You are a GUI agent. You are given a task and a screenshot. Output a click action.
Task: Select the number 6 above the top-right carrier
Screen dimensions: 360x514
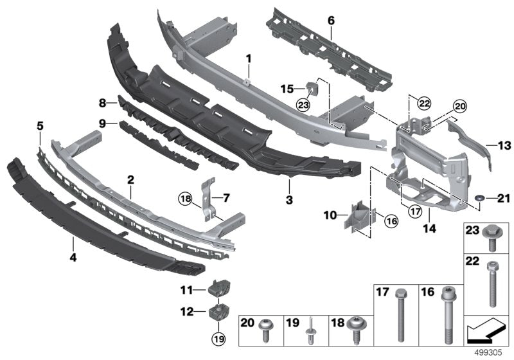coord(332,21)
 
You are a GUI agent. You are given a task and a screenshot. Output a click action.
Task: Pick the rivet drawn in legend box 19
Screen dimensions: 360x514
coord(310,328)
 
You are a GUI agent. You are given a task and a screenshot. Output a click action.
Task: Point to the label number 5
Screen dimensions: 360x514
coord(40,127)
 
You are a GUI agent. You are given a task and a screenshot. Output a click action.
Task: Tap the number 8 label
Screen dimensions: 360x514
coord(103,102)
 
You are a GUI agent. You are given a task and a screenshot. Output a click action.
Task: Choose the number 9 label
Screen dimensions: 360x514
coord(103,122)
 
